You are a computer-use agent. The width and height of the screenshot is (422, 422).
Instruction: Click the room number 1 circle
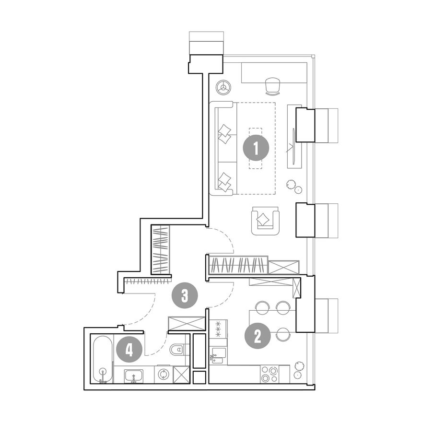(256, 148)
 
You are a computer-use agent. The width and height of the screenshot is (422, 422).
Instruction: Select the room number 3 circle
(185, 296)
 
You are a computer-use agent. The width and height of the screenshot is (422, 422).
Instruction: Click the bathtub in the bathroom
(102, 359)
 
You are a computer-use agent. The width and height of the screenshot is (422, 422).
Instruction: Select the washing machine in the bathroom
(163, 374)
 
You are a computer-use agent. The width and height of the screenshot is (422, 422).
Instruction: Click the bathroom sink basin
(133, 376)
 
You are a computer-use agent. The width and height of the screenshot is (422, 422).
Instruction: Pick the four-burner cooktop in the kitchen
(270, 374)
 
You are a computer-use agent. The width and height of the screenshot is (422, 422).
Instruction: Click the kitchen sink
(218, 356)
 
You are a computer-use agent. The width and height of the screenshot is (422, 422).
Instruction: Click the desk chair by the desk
(273, 86)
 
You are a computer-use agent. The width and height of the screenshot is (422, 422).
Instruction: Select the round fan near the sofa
(223, 87)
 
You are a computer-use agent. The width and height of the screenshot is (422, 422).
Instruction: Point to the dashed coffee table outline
(256, 148)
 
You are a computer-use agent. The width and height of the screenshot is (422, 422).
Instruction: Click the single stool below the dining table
(283, 335)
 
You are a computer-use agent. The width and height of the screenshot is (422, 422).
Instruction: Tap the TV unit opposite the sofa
(294, 137)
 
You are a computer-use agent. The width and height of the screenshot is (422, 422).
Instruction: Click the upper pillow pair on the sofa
(224, 134)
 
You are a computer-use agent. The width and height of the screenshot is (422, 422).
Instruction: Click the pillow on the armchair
(263, 219)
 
